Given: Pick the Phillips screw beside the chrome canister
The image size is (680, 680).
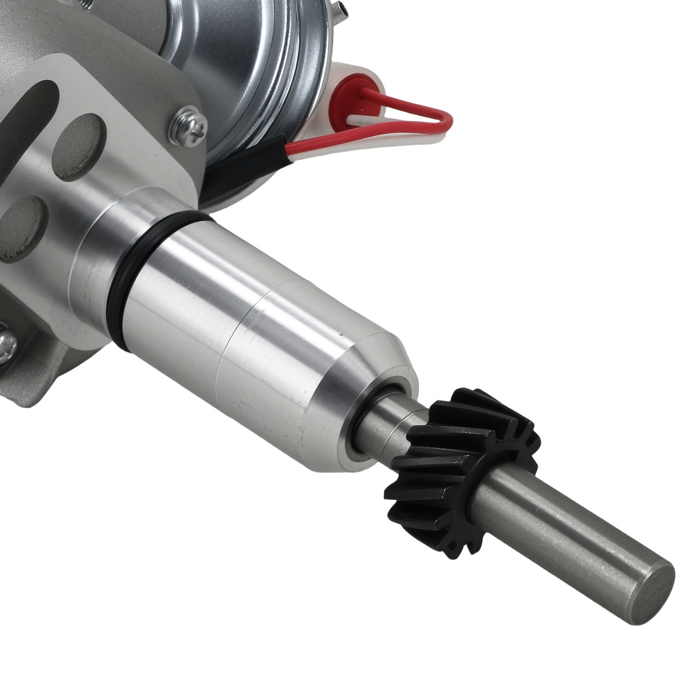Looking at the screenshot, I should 188,126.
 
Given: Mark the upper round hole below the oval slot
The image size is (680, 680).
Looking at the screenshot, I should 79,147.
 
